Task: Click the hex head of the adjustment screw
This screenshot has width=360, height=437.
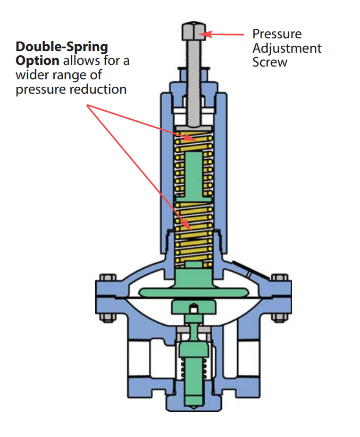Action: (x=194, y=31)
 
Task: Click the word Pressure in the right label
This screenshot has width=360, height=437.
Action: (x=277, y=34)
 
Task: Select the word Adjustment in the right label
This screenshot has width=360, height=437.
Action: (x=287, y=48)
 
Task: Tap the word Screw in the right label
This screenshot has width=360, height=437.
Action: (x=270, y=62)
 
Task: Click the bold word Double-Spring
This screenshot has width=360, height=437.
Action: (x=62, y=47)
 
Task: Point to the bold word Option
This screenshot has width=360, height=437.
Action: (x=37, y=61)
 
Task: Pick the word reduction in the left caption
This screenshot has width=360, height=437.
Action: (x=98, y=89)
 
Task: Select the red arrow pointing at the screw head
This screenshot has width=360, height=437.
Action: (x=222, y=35)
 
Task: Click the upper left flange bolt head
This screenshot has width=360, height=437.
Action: (x=108, y=277)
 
